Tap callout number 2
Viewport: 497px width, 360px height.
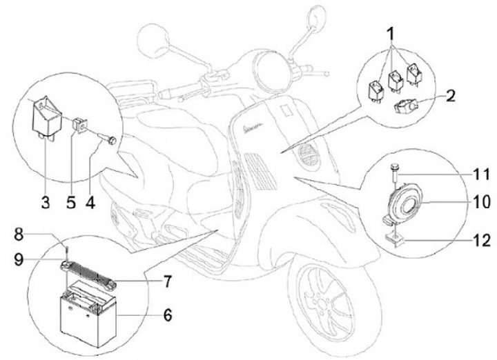[x=450, y=96]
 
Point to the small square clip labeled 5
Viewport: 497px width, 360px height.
[x=79, y=126]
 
